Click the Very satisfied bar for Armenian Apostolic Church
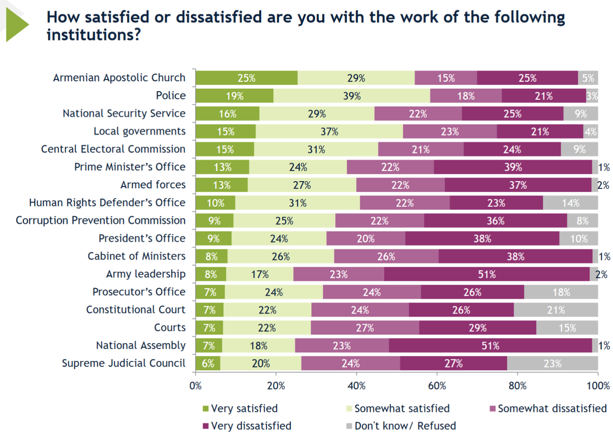246,78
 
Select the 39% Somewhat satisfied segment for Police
351,96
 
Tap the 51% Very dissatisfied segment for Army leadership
487,274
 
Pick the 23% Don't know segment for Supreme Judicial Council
552,363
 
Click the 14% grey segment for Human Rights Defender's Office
570,203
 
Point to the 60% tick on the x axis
437,386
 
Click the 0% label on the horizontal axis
195,386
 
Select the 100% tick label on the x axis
598,386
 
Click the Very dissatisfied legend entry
247,426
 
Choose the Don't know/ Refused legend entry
401,426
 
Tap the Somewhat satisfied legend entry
398,408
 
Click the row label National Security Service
124,113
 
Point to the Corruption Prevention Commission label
101,220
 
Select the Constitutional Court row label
135,309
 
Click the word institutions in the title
93,35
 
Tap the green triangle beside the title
16,24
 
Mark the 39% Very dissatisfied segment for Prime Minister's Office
513,167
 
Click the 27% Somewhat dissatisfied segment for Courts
364,328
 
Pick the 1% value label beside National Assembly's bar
604,346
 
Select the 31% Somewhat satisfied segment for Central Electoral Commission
316,149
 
